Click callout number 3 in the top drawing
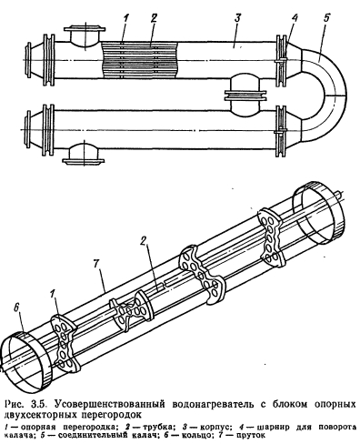click(237, 18)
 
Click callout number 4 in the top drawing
click(294, 18)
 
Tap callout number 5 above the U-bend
click(325, 18)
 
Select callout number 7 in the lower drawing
click(96, 265)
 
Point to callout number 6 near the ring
click(16, 308)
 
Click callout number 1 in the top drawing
click(126, 18)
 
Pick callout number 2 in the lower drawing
click(143, 240)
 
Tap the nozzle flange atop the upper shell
click(85, 30)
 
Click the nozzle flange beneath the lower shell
click(84, 160)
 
